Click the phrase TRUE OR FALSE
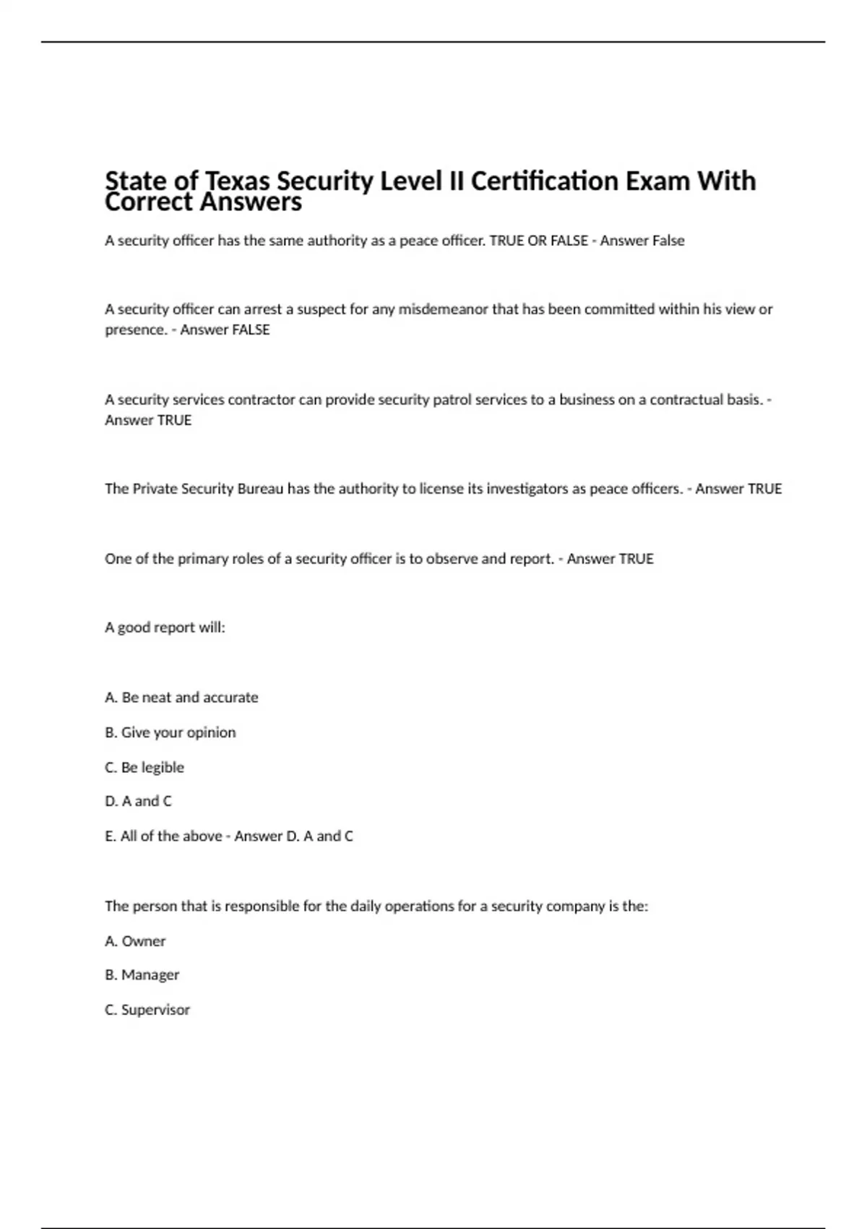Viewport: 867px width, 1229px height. [539, 241]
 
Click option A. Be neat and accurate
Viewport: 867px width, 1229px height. [181, 698]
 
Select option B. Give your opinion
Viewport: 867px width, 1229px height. [171, 732]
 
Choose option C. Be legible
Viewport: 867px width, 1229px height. [144, 767]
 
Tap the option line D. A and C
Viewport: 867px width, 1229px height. [138, 801]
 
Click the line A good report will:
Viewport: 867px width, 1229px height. [165, 628]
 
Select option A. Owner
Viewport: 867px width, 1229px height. [135, 941]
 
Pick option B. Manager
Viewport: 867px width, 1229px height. [142, 975]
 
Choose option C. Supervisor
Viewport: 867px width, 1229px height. [147, 1010]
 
